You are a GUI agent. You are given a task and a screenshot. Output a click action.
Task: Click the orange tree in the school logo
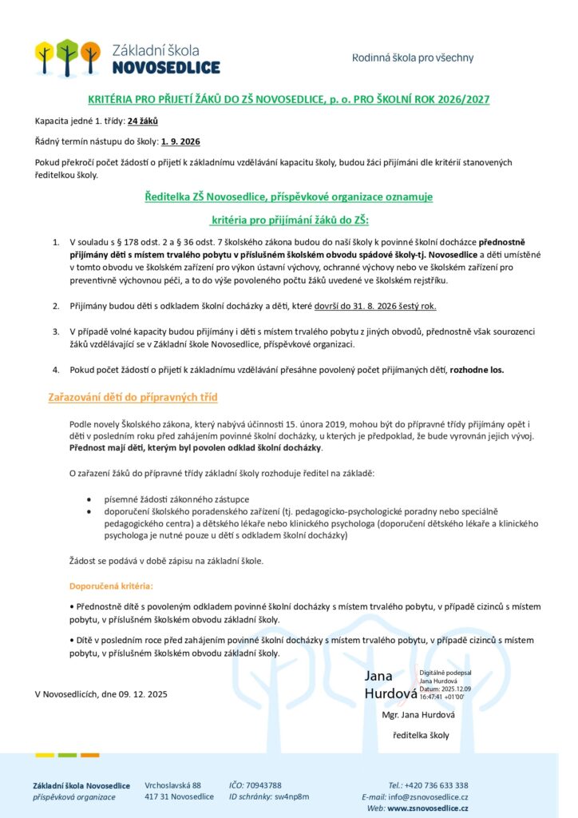pos(90,55)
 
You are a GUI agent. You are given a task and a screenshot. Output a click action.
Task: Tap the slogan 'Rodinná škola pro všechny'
pos(413,58)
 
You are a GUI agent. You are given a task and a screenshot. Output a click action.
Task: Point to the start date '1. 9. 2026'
pos(180,141)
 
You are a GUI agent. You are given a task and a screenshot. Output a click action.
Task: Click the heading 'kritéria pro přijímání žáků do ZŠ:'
pos(290,218)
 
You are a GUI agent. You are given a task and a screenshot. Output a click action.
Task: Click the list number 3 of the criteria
pos(56,330)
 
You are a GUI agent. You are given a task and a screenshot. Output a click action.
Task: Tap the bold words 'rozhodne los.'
pos(477,370)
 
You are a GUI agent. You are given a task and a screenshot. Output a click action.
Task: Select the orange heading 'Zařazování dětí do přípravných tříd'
pos(133,397)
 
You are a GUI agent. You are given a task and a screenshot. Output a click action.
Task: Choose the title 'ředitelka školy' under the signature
pos(422,735)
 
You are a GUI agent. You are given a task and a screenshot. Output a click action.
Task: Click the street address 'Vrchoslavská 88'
pos(172,785)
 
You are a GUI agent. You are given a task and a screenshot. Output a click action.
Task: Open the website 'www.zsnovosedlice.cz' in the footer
pos(429,808)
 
